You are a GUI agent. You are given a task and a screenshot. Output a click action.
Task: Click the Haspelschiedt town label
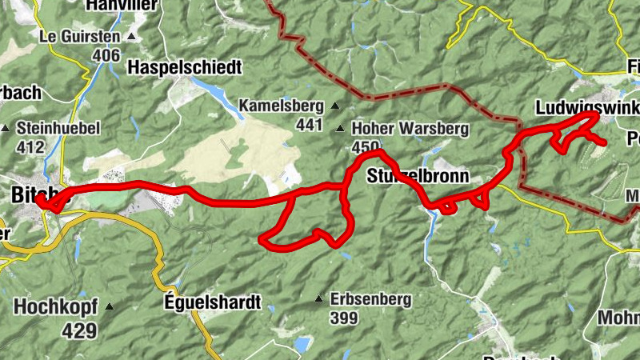183,67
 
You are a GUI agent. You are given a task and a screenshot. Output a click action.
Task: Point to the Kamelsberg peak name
282,106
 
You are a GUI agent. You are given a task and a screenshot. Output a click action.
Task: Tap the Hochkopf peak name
55,306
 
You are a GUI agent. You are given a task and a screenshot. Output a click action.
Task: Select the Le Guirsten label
79,37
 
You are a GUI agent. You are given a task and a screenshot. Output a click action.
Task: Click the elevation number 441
309,124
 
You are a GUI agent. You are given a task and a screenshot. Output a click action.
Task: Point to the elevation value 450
365,147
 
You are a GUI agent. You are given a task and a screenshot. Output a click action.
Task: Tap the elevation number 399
343,318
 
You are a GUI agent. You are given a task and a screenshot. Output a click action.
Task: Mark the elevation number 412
30,146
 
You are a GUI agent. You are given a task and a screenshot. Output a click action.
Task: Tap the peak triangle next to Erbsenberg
319,300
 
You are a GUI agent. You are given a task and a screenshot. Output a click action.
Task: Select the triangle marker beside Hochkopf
109,306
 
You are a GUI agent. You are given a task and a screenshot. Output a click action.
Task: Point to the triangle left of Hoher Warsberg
341,129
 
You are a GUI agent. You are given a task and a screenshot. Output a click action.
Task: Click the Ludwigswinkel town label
583,107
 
